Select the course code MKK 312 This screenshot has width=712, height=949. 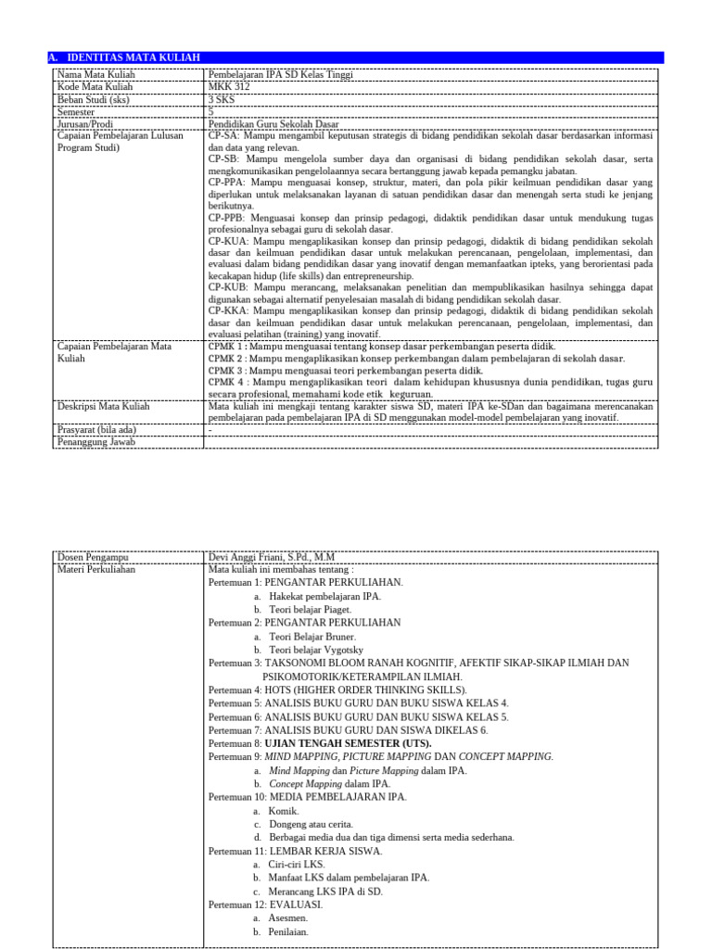coord(229,86)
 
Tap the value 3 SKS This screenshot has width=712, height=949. coord(223,98)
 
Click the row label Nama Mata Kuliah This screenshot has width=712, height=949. coord(95,74)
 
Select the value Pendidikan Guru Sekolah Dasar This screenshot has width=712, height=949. coord(274,122)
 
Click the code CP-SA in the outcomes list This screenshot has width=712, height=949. coord(222,134)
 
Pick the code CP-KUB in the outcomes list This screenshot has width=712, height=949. coord(225,287)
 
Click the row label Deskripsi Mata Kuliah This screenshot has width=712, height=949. coord(102,406)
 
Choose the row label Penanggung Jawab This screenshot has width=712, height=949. coord(96,442)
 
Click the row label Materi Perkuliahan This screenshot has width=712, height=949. coord(96,569)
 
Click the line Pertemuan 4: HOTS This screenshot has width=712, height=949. coord(333,690)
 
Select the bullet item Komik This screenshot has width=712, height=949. coord(284,811)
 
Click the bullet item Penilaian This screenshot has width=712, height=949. coord(288,931)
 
